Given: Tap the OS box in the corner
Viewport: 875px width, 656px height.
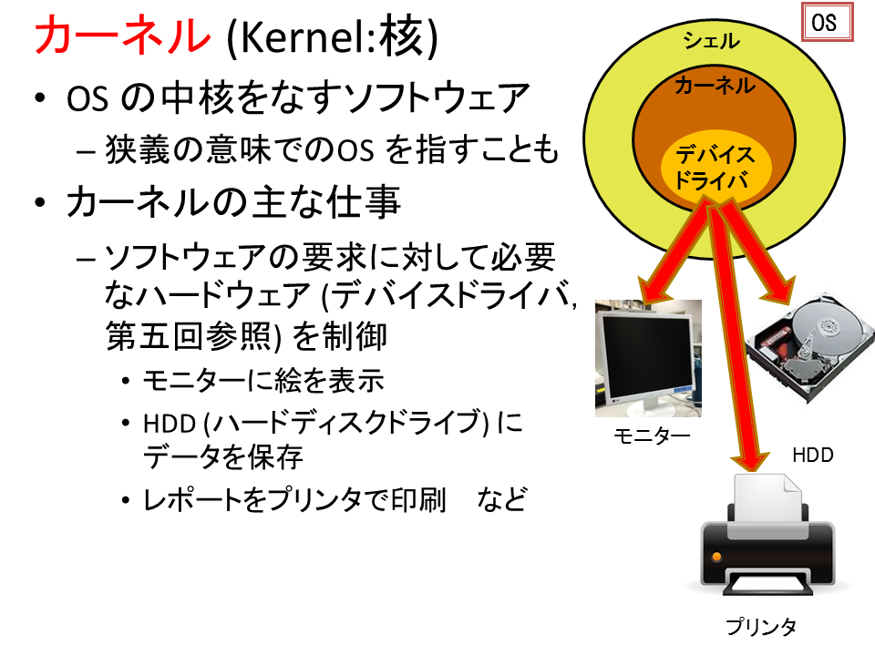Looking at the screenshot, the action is pos(828,22).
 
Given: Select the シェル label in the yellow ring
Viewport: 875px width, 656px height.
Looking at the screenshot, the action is pos(712,40).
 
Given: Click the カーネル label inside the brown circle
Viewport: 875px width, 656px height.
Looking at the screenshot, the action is pos(715,86).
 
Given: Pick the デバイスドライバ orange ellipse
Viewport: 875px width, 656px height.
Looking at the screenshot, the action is pos(716,167).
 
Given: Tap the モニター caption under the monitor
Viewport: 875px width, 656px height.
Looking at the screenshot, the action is pos(652,436).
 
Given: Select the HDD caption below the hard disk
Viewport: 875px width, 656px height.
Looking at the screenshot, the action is pos(812,456).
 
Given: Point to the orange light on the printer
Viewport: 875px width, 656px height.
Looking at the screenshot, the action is pos(716,557).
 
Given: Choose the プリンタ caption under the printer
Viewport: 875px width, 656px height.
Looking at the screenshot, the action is pos(760,627).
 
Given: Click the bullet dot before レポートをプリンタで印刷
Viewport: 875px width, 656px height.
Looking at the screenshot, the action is pos(126,500).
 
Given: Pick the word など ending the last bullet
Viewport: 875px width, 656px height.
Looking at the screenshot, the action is pos(501,499).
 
